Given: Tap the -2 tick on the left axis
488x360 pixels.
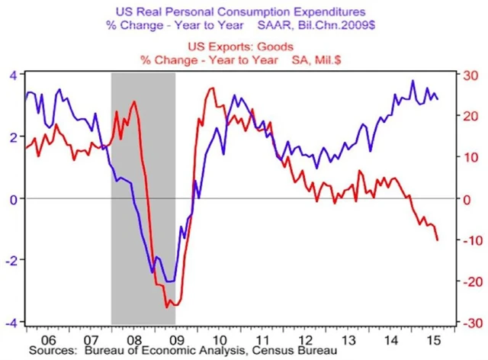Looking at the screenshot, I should coord(11,260).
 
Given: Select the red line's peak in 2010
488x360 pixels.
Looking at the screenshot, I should coord(211,88).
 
